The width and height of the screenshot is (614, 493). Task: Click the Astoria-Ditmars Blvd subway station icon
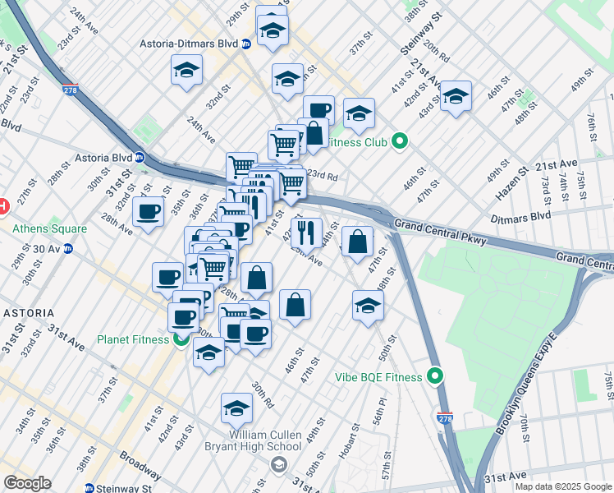coord(245,44)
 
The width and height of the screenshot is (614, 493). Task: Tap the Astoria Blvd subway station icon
coord(140,157)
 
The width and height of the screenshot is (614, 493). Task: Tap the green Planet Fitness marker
coord(180,339)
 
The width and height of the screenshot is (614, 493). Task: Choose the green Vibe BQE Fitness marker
coord(435,377)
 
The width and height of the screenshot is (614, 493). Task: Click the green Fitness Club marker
coord(400,141)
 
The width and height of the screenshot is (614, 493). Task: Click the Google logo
coord(27,483)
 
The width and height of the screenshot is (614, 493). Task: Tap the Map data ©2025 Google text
coord(563,486)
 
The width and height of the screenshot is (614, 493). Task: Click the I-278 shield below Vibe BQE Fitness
coord(445,420)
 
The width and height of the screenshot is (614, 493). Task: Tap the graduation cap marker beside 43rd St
coord(456,98)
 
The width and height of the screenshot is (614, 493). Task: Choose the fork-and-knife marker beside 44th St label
coord(306,233)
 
